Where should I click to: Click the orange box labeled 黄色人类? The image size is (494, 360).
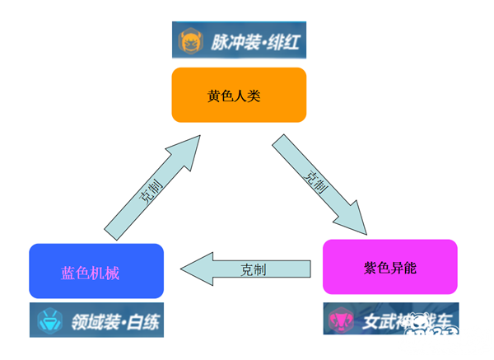[239, 95]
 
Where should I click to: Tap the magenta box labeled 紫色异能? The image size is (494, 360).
[389, 266]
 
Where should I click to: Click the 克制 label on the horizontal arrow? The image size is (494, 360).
[254, 269]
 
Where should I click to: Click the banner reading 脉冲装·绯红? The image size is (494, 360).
[238, 41]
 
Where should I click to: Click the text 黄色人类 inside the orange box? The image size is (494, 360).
[239, 95]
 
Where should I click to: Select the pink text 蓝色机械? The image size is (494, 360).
[91, 273]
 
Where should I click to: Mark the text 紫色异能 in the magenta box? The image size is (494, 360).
[389, 267]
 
